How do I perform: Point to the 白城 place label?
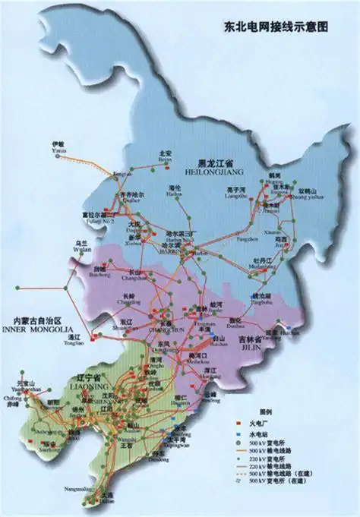point(99,270)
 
